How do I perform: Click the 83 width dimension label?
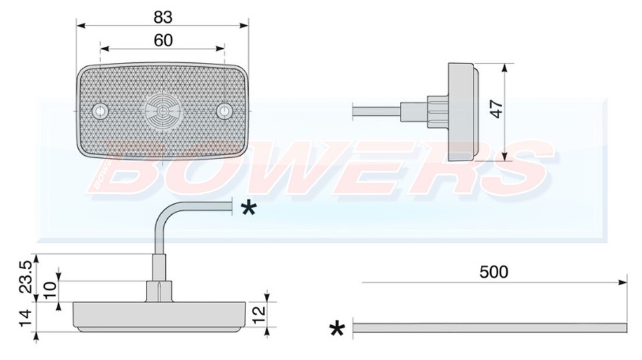click(163, 17)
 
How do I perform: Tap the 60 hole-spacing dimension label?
click(163, 40)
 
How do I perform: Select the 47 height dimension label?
click(497, 109)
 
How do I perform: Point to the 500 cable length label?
click(494, 272)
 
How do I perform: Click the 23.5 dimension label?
click(26, 277)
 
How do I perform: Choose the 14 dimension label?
click(26, 319)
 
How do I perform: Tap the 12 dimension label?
click(259, 314)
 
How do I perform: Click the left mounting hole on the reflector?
click(100, 110)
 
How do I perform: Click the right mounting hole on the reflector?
click(224, 111)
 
